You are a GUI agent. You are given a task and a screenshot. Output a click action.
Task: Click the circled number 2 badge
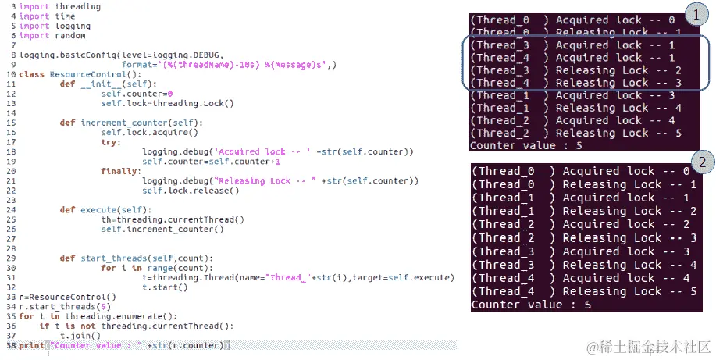[x=703, y=162]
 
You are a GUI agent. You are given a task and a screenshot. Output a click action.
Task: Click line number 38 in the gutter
[x=12, y=345]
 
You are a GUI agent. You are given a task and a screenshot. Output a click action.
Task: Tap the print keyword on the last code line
[x=31, y=345]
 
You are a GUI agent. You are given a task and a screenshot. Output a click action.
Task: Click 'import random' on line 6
[x=52, y=36]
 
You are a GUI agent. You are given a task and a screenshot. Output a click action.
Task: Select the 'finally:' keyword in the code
[x=121, y=171]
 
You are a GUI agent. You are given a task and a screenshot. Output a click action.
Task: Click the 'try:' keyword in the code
[x=111, y=142]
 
